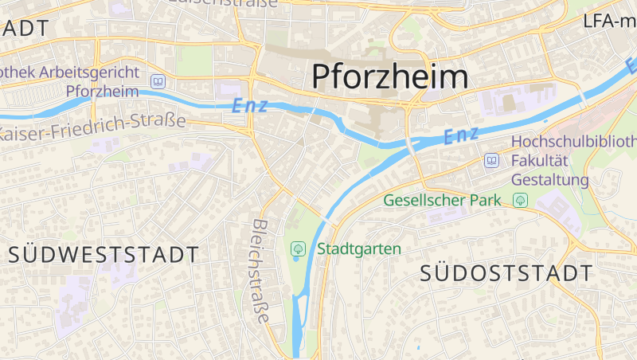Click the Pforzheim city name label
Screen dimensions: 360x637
[x=389, y=76]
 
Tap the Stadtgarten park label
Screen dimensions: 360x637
[x=359, y=248]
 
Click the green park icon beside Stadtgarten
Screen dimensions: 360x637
[x=298, y=249]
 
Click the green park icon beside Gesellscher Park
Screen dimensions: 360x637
[x=521, y=200]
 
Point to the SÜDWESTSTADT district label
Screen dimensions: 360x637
[x=104, y=255]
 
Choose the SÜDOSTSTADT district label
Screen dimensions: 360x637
[x=506, y=273]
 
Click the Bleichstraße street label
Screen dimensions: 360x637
[x=261, y=270]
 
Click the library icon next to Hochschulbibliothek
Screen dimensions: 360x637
[x=491, y=161]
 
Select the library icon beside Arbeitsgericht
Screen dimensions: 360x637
[x=158, y=81]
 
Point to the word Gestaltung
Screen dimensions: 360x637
[x=549, y=180]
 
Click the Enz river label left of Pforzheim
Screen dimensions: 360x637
[x=249, y=105]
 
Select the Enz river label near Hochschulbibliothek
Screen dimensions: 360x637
[x=462, y=136]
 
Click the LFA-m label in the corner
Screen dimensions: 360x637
[x=610, y=21]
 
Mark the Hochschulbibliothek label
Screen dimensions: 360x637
[x=573, y=142]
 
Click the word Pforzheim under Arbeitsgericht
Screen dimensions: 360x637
[x=103, y=91]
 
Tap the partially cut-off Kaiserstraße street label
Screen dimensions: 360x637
[x=224, y=3]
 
